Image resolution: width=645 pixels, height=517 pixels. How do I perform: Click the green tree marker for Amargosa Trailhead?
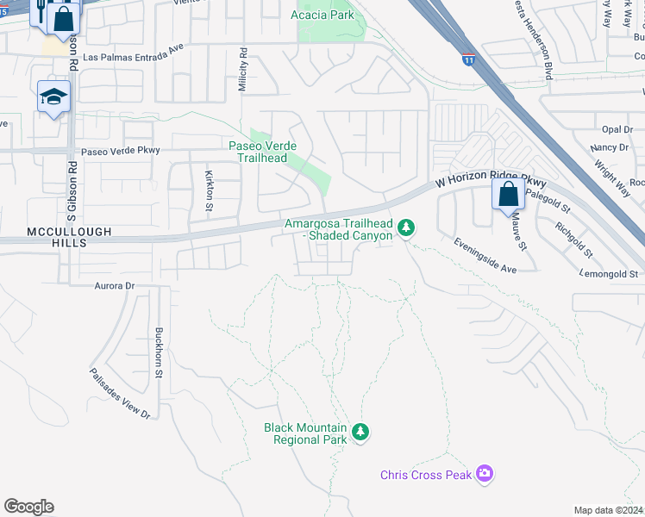pos(406,228)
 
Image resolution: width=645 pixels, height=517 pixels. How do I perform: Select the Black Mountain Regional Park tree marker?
pos(360,433)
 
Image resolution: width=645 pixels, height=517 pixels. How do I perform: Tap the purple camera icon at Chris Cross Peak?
pos(484,473)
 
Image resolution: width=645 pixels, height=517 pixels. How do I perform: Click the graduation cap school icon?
pos(53,97)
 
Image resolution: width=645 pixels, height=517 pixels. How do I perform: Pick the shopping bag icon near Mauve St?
pos(508,194)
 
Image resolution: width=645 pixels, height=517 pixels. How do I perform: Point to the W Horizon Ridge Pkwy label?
pos(491,182)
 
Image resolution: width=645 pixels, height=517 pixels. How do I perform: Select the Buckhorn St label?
pos(159,352)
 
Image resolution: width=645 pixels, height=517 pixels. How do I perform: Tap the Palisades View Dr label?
pos(120,394)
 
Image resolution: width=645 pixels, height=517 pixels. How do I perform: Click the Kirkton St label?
pos(209,190)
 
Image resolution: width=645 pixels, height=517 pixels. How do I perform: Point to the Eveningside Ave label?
pos(485,256)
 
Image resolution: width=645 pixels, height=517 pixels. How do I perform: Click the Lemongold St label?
pos(609,274)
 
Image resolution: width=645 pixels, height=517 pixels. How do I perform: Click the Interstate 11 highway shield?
pos(467,59)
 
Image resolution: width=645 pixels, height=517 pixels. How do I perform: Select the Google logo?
pos(28,507)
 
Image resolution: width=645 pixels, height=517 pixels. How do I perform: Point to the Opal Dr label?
pos(617,130)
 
